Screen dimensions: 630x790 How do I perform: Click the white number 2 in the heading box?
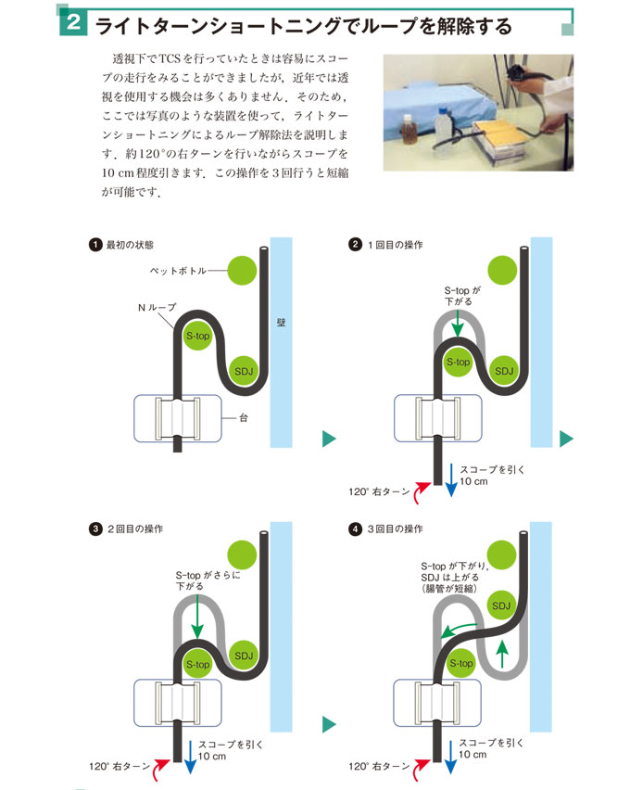click(x=73, y=22)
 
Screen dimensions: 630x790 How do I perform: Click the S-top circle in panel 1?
click(x=198, y=336)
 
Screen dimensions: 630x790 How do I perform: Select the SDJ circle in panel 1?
click(x=244, y=371)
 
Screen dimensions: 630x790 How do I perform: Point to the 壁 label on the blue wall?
click(x=281, y=323)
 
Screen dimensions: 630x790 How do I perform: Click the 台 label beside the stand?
click(x=244, y=417)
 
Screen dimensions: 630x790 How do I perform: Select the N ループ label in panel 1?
click(x=157, y=307)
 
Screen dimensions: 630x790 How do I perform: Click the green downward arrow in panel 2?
click(x=458, y=324)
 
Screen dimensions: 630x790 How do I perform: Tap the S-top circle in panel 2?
click(x=459, y=362)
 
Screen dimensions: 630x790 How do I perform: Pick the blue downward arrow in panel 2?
click(x=452, y=480)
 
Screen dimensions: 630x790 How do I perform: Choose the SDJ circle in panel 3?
click(x=244, y=656)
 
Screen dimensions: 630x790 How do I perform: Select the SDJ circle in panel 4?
click(x=501, y=605)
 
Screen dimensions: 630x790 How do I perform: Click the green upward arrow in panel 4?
click(x=502, y=654)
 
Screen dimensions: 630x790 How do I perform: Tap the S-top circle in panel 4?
click(x=461, y=664)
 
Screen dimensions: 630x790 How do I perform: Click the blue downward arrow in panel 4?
click(x=450, y=756)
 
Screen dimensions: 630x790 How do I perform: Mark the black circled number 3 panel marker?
click(x=95, y=529)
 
